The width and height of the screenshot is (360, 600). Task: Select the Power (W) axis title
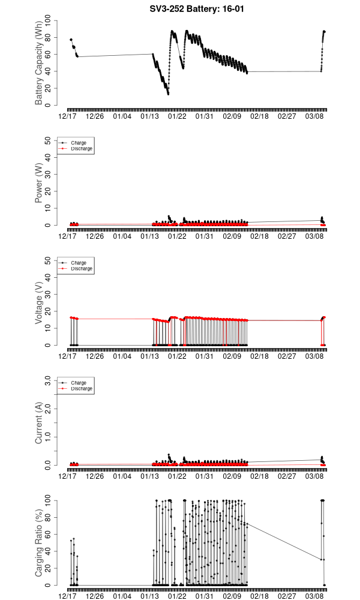coord(39,183)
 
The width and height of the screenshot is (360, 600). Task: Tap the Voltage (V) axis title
coord(39,303)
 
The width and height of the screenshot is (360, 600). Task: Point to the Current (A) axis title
coord(39,423)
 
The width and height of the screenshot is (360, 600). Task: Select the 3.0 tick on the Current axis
coord(50,380)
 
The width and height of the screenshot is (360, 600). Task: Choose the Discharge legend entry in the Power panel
coord(81,148)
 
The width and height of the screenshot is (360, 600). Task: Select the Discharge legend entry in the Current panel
coord(81,388)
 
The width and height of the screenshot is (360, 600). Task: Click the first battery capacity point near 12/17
coord(71,40)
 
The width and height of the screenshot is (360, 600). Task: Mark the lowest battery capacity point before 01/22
coord(168,94)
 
